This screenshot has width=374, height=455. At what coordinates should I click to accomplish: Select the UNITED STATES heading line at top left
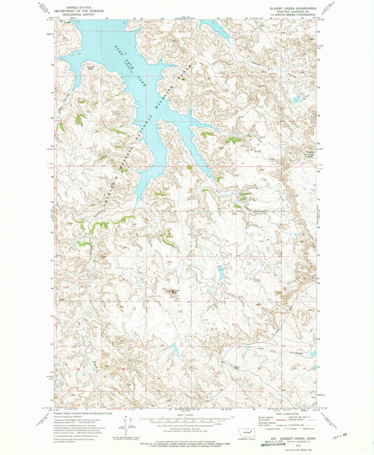coord(72,5)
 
